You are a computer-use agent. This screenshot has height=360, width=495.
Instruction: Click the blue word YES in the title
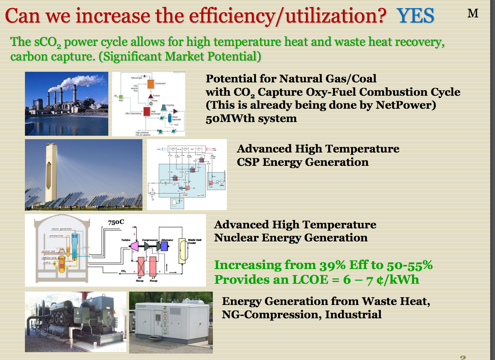[415, 16]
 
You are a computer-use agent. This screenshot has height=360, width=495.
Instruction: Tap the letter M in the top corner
[473, 14]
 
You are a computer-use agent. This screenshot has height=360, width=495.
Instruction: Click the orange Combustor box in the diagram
[151, 84]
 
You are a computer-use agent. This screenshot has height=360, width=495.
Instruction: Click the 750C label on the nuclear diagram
[116, 222]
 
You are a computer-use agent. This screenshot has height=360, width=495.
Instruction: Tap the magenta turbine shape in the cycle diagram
[135, 246]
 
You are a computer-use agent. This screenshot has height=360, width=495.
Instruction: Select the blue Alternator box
[164, 246]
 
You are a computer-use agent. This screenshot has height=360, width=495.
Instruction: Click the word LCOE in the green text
[310, 280]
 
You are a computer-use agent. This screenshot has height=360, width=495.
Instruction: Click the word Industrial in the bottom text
[353, 315]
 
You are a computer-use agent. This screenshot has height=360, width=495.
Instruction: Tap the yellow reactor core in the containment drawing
[61, 264]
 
